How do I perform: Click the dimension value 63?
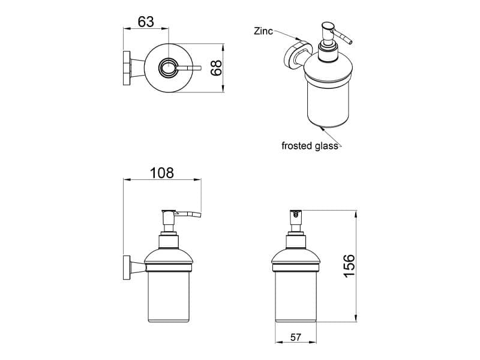pos(146,22)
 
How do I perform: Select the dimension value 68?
pos(216,68)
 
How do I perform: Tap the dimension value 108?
pos(162,173)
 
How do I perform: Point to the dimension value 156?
pos(349,266)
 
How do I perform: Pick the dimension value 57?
pos(296,337)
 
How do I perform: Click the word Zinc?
pos(263,31)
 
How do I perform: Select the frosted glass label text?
pos(310,146)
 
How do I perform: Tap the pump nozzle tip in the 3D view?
pos(350,42)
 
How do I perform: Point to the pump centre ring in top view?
pos(168,68)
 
